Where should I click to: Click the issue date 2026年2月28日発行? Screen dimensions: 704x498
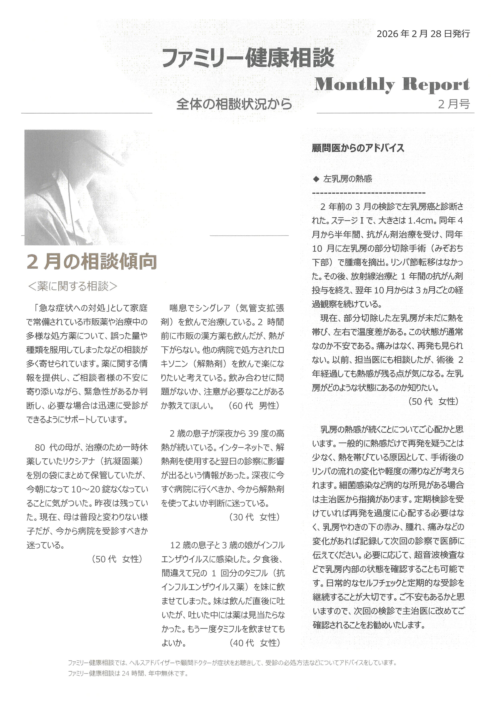pos(423,34)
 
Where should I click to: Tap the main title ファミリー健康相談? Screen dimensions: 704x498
pos(248,58)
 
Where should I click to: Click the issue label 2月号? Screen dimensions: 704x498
pos(454,104)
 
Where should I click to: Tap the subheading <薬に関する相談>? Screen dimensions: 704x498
pos(73,286)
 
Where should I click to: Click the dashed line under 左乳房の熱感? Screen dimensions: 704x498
pos(368,193)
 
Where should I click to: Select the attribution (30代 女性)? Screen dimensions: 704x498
pos(255,517)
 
